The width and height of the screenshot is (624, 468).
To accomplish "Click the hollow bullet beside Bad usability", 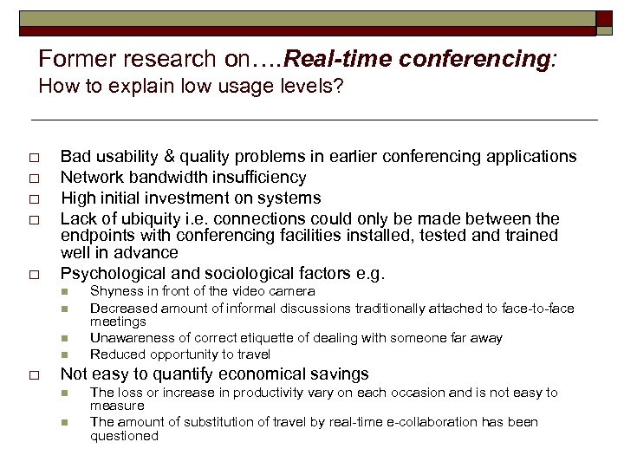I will pos(33,158).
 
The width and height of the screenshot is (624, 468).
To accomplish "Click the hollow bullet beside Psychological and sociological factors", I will pos(33,275).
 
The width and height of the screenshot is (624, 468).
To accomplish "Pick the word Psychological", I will pos(108,274).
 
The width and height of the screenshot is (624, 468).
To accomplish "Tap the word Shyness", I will pos(114,292).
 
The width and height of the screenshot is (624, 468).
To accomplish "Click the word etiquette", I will pos(252,338).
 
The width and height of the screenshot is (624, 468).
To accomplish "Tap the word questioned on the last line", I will pos(124,436).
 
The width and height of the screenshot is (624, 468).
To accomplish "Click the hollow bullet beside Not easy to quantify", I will pos(33,375).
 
